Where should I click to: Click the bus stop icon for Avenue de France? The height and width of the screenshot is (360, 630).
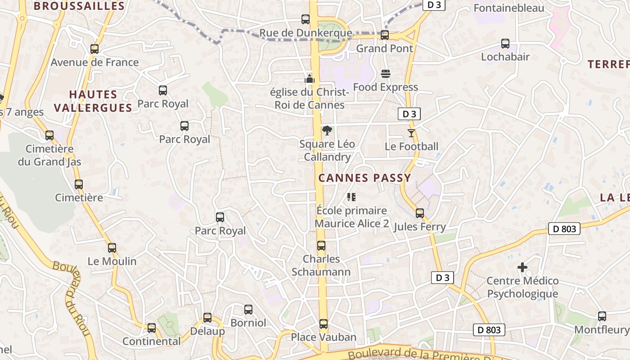(94, 49)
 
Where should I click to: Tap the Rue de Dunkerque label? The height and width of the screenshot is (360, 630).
(306, 33)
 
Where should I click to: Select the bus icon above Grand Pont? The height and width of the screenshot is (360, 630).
(385, 35)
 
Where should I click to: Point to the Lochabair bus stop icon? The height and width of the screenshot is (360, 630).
(505, 44)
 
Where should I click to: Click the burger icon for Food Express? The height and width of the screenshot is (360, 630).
(386, 73)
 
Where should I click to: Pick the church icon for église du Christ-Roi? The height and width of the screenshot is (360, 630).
(310, 79)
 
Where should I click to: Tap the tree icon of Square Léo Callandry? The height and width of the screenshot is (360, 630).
(327, 131)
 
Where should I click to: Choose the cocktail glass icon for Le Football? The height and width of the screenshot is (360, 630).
(411, 133)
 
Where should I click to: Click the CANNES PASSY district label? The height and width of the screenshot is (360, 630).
(364, 178)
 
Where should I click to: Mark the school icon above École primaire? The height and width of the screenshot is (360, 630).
(351, 197)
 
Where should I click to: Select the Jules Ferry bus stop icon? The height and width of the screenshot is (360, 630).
(420, 213)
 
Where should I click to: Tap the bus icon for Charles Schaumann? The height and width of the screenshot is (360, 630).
(321, 246)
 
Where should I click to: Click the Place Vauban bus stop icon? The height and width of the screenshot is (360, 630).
(324, 324)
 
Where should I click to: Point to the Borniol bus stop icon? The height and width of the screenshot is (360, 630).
(248, 310)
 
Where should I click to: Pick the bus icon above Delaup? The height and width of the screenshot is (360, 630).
(207, 318)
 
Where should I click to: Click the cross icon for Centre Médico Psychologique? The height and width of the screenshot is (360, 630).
(522, 268)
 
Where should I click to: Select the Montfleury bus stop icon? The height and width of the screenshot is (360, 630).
(602, 316)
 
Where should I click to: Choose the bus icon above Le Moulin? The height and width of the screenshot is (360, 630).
(112, 248)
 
